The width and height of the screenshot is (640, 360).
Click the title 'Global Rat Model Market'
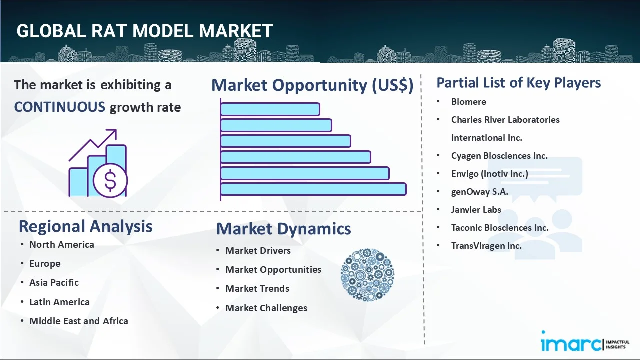tap(144, 31)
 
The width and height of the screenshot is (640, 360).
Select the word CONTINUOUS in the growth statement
tap(59, 107)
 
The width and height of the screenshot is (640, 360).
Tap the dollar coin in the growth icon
tap(110, 181)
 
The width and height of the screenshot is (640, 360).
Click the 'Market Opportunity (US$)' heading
tap(312, 85)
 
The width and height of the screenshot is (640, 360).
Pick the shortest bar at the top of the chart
tap(270, 109)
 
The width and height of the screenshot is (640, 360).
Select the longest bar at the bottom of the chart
tap(313, 189)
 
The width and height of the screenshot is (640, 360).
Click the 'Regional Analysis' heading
tap(85, 226)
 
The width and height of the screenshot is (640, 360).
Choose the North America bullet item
tap(61, 244)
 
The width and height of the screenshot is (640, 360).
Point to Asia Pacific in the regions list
tap(54, 282)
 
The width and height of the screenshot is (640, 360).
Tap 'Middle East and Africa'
tap(78, 321)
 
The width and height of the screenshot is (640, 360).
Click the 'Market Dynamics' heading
tap(283, 229)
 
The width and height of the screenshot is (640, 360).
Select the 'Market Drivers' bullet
tap(258, 250)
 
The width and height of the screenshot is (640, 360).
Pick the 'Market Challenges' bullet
tap(266, 308)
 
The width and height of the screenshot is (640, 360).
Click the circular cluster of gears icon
tap(367, 275)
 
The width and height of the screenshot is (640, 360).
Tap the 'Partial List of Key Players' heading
tap(518, 83)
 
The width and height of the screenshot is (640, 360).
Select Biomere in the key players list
tap(468, 101)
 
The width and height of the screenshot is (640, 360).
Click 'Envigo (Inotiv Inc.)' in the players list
tap(489, 173)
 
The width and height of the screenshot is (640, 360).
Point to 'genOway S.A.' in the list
tap(479, 191)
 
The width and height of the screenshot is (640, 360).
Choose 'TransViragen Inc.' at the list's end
tap(486, 245)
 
